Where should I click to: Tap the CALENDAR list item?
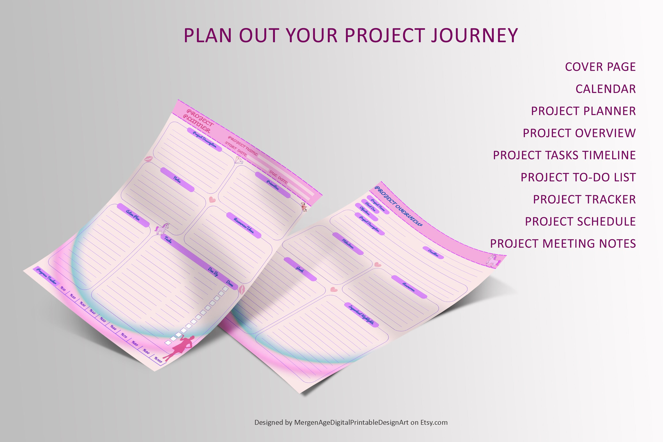point(606,89)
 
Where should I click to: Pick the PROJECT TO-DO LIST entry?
point(578,177)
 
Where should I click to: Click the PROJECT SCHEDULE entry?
point(580,222)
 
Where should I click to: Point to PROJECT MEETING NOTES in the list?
point(563,244)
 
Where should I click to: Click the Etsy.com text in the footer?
point(434,422)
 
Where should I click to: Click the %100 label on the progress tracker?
point(158,360)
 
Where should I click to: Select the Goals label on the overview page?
point(300,269)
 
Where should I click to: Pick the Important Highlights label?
point(361,315)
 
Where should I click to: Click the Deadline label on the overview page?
point(433,253)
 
